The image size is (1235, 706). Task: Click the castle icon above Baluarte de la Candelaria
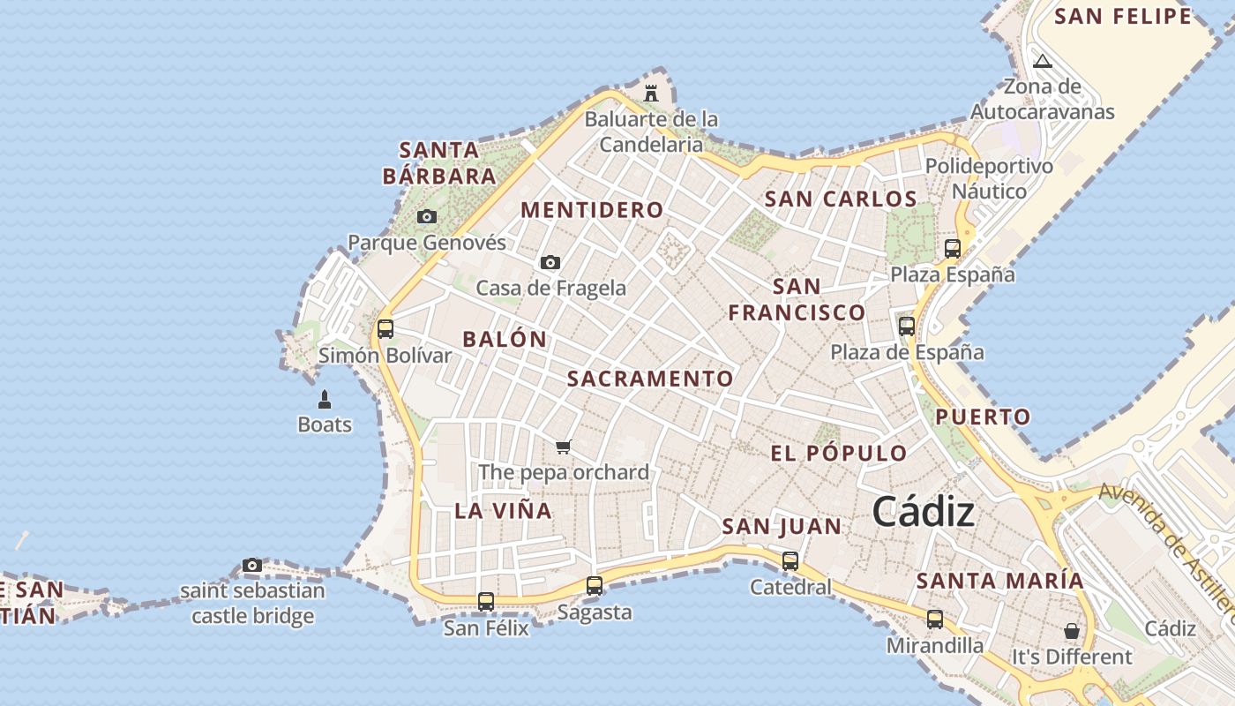point(651,93)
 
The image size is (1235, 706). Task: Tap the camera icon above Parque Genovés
point(427,216)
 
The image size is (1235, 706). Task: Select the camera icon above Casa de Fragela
point(550,262)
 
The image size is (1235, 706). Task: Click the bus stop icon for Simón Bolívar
point(385,329)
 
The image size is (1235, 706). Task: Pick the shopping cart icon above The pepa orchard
point(564,447)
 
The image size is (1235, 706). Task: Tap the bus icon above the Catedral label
point(790,560)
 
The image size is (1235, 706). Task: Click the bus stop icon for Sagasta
point(595,585)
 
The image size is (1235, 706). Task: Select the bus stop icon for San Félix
point(486,602)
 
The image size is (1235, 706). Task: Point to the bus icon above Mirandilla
point(935,620)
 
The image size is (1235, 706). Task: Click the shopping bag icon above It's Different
point(1071,631)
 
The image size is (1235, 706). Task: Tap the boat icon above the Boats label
point(325,400)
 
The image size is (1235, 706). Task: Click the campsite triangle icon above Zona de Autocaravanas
point(1043,62)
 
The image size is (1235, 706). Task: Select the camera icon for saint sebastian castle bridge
point(252,565)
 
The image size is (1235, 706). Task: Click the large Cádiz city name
point(924,512)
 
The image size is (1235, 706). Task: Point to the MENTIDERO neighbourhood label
point(592,210)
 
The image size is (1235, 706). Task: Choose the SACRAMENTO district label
point(650,379)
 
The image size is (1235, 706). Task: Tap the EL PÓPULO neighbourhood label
point(838,454)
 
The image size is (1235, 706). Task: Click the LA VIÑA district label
point(503,510)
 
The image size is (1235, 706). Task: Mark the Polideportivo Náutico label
point(989,178)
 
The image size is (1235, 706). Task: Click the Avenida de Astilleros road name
point(1164,547)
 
